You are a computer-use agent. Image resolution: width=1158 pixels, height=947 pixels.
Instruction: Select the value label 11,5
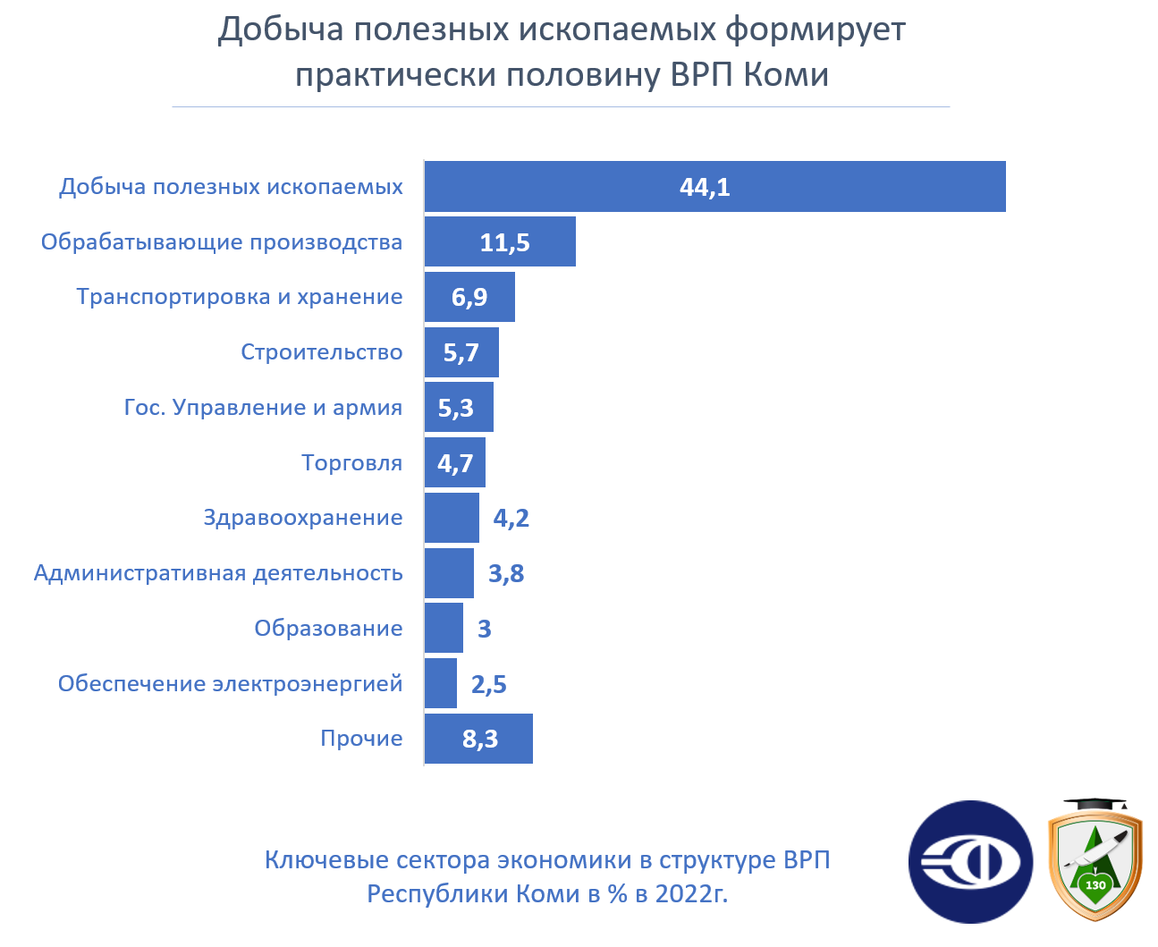[504, 242]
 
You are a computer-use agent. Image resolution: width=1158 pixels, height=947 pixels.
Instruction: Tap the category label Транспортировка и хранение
[239, 297]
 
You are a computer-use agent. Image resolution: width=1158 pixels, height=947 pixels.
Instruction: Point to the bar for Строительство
[461, 352]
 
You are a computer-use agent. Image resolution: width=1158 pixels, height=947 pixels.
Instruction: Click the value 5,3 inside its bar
[455, 408]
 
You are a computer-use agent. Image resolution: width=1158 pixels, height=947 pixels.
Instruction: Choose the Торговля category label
[351, 463]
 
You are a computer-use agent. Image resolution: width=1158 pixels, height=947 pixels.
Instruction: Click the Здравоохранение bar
[452, 518]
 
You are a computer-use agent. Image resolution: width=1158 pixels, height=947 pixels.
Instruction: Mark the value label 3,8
[506, 574]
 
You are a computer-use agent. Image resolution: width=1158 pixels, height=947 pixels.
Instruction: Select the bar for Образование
[444, 628]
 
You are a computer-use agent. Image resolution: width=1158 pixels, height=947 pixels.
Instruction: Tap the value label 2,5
[488, 685]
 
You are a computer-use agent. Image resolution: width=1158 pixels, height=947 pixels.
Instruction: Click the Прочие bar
[478, 739]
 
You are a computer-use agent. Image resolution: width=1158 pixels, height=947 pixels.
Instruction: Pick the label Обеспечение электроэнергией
[230, 684]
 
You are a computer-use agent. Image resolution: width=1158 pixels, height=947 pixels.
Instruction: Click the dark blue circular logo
[970, 862]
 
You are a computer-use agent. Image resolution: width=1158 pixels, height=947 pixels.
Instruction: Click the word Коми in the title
[786, 74]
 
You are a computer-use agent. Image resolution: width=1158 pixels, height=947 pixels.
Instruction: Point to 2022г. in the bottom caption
[690, 893]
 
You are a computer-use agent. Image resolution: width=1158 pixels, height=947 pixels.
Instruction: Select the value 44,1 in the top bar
[705, 187]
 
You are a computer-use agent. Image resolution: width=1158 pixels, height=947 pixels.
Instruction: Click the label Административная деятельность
[218, 573]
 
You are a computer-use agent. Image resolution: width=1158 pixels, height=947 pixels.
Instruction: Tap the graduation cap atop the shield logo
[1095, 806]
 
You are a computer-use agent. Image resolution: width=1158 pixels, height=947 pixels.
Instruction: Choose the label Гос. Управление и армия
[263, 408]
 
